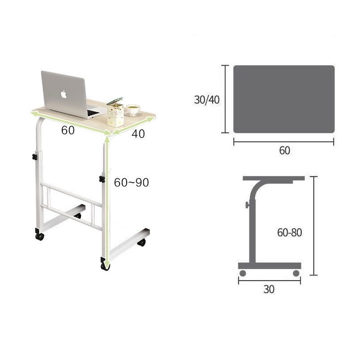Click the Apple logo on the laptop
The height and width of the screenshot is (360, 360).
[64, 94]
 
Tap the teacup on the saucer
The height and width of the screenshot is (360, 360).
[133, 109]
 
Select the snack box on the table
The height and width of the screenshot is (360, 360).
[115, 113]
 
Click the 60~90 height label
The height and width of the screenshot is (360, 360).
[132, 183]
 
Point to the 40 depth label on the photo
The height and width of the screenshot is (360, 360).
[138, 134]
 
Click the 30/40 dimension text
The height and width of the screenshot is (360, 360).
[207, 100]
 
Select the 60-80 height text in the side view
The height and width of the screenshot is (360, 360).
[290, 232]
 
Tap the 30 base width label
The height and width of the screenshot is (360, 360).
[269, 289]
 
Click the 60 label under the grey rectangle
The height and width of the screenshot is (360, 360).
[284, 150]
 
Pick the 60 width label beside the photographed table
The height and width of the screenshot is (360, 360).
[68, 130]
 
